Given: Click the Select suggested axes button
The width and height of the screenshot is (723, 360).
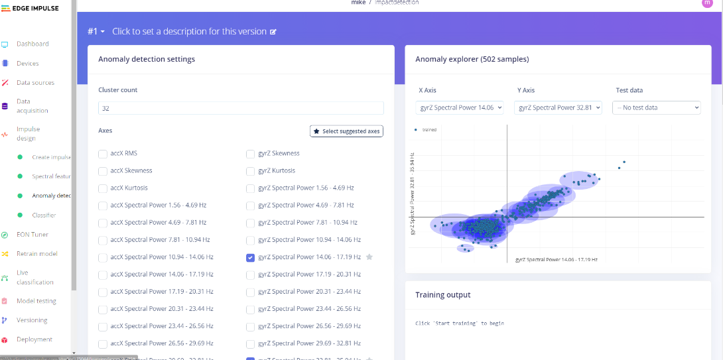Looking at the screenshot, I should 346,131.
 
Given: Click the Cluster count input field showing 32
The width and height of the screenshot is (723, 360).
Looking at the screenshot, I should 241,107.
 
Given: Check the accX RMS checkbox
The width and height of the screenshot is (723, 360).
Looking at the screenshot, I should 103,154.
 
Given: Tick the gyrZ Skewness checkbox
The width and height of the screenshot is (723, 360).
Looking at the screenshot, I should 251,154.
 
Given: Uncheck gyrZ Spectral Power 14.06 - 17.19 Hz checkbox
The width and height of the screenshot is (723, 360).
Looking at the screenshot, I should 251,257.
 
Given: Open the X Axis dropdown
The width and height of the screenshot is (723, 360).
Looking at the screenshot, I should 460,107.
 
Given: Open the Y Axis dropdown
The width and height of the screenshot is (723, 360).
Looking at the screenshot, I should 558,107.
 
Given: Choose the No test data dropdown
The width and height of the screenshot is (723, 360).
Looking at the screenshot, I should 657,107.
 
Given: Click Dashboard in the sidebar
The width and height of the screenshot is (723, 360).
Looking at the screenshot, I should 33,44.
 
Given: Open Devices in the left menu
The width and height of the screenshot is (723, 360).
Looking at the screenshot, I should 28,64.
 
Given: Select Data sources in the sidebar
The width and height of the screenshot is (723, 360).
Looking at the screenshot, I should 35,83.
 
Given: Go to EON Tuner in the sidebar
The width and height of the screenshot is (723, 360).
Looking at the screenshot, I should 33,235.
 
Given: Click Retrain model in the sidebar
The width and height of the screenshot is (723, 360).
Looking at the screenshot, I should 37,254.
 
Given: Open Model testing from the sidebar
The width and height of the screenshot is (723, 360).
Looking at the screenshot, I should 36,301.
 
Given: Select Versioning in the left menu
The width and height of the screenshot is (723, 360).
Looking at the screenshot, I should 32,320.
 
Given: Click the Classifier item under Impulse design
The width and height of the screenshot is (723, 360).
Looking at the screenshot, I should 44,215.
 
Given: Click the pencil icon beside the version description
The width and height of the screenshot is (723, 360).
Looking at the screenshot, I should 273,32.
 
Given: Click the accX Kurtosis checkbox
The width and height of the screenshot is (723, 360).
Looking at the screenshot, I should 103,188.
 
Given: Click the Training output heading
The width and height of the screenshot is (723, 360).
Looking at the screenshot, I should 443,295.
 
